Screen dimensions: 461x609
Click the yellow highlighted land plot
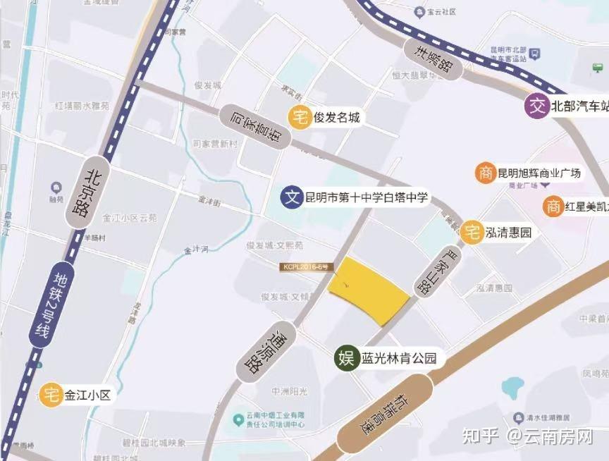click(368, 290)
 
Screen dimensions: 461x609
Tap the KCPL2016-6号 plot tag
click(304, 267)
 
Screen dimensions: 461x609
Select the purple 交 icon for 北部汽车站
click(538, 106)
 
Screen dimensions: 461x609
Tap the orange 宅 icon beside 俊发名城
click(300, 118)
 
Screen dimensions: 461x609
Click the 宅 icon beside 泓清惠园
click(472, 231)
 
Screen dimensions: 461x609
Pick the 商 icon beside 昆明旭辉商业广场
click(485, 173)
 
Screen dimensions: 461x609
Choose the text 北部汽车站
click(579, 106)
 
